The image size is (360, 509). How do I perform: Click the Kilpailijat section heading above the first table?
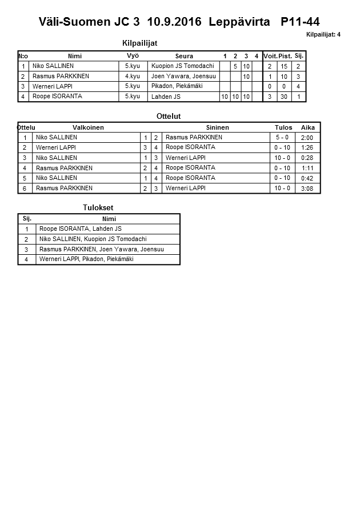click(140, 43)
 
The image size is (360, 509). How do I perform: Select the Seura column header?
click(184, 56)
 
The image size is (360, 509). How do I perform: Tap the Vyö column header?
click(133, 55)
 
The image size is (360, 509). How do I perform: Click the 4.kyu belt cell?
click(133, 76)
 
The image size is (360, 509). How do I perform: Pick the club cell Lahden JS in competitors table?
click(166, 97)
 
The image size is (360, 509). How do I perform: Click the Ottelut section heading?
click(168, 116)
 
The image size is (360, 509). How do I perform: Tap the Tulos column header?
click(283, 127)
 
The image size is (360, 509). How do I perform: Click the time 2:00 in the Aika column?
click(307, 138)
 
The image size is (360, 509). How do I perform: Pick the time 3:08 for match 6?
click(307, 189)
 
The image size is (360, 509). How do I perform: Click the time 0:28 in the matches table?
click(307, 158)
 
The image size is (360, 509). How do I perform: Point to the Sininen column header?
click(217, 127)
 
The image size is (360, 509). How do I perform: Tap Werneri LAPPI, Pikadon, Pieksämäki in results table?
click(86, 259)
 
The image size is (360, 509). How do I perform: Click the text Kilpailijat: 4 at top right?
click(323, 35)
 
